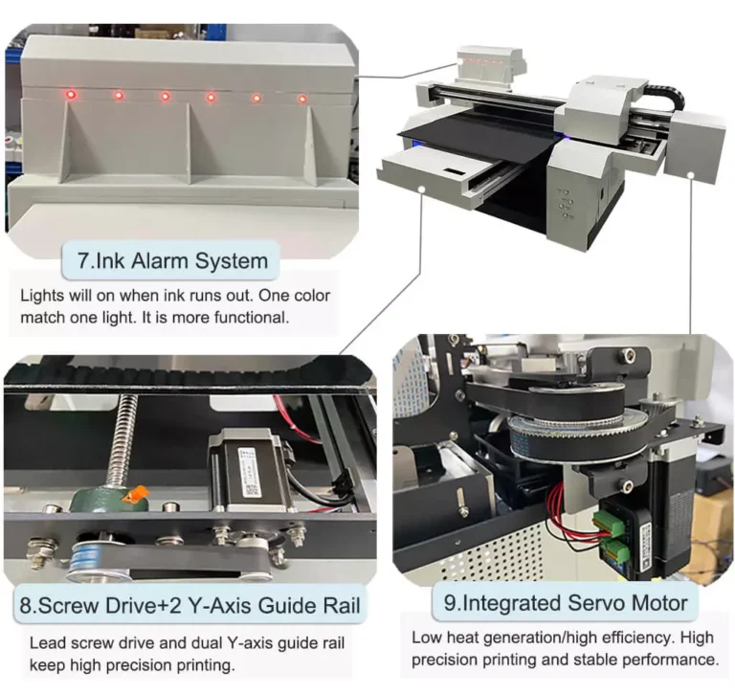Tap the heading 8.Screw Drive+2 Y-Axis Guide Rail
click(191, 605)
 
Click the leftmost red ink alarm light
click(70, 95)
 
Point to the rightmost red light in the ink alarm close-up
click(302, 99)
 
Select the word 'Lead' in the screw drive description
click(46, 643)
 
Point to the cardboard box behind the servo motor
click(713, 517)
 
